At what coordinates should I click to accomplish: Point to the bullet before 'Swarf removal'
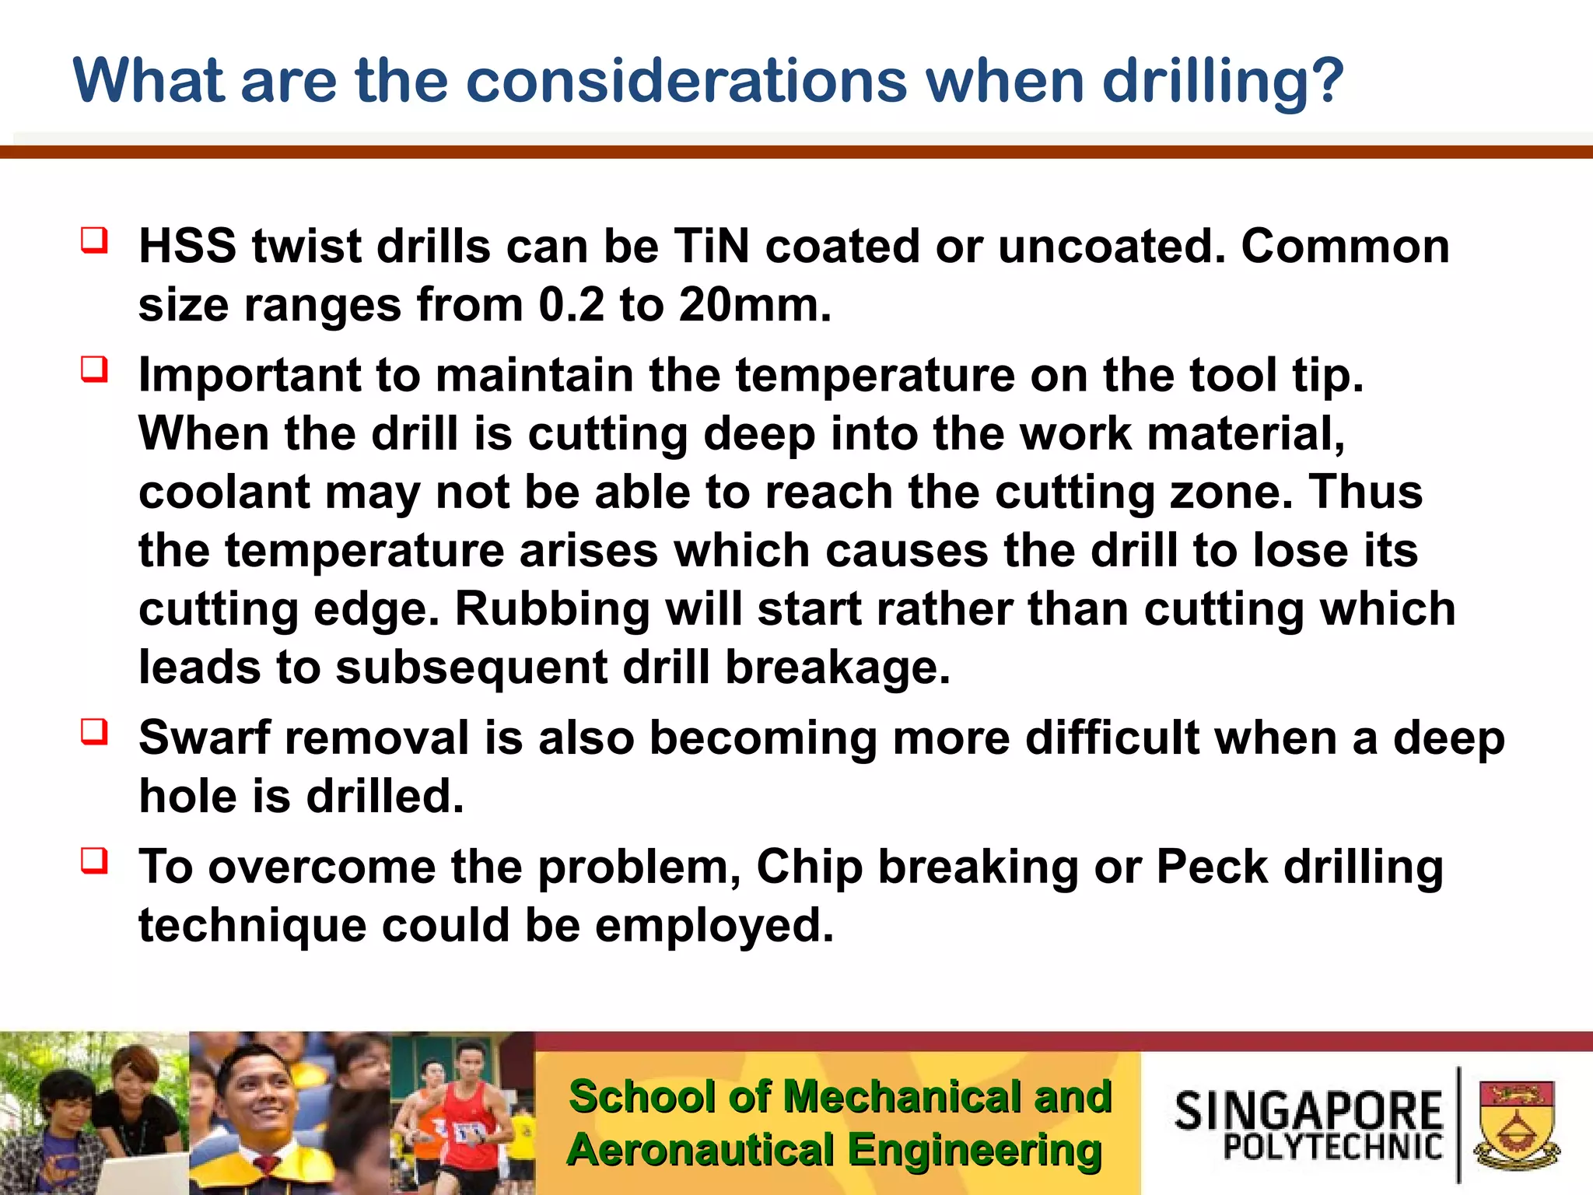[94, 731]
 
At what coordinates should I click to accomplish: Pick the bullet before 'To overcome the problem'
[94, 860]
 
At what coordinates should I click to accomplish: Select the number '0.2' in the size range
[570, 305]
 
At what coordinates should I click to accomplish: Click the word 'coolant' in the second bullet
[224, 492]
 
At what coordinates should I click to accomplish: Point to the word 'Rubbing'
[551, 609]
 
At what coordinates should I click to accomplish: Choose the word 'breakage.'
[838, 668]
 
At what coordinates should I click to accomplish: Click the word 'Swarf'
[204, 738]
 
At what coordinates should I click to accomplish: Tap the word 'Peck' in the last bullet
[1212, 867]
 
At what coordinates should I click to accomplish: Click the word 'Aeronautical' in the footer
[700, 1150]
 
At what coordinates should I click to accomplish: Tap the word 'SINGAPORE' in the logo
[1308, 1111]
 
